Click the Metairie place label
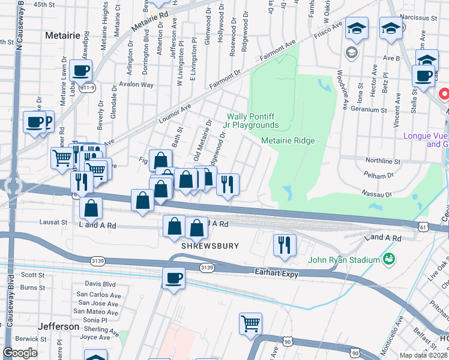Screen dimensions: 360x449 (x=63, y=35)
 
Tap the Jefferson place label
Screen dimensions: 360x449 (x=58, y=326)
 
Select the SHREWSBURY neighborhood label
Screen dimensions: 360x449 (x=210, y=246)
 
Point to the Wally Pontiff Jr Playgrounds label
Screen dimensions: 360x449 (x=253, y=121)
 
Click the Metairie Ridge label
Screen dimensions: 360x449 (x=288, y=140)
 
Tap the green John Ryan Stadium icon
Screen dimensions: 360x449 (x=388, y=259)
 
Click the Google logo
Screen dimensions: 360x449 (x=20, y=353)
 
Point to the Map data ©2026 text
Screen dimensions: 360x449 (x=424, y=355)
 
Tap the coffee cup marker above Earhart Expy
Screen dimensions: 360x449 (x=173, y=278)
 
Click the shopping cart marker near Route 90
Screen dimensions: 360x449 (x=251, y=324)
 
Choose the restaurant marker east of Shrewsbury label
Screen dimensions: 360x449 (x=285, y=245)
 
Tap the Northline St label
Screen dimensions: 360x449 (x=383, y=161)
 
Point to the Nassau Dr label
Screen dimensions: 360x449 (x=376, y=194)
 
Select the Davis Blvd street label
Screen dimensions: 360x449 (x=100, y=283)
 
